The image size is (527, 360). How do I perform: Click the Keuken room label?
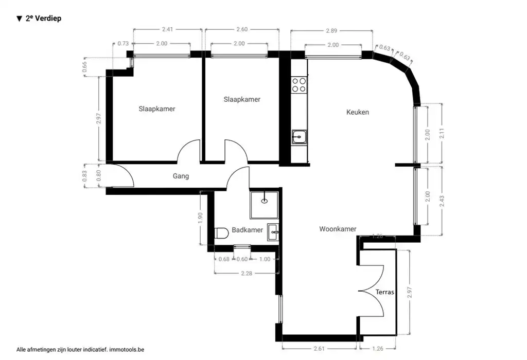tap(357, 112)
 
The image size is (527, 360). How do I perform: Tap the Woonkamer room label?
tap(338, 229)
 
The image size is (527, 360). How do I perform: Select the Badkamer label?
tap(247, 230)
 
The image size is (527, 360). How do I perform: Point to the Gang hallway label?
tap(181, 176)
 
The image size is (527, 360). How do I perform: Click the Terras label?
tap(384, 292)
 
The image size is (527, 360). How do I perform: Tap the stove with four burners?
tap(299, 85)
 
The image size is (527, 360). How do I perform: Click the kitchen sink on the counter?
tap(299, 137)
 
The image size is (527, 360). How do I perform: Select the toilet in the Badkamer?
tap(221, 234)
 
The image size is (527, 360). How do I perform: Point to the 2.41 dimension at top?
tap(167, 30)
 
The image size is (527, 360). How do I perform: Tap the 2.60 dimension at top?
tap(241, 30)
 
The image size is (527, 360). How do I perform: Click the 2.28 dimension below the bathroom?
tap(247, 273)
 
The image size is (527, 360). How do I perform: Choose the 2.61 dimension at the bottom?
tap(320, 349)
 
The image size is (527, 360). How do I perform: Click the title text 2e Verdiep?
tap(43, 19)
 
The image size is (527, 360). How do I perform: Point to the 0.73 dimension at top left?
tap(123, 44)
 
